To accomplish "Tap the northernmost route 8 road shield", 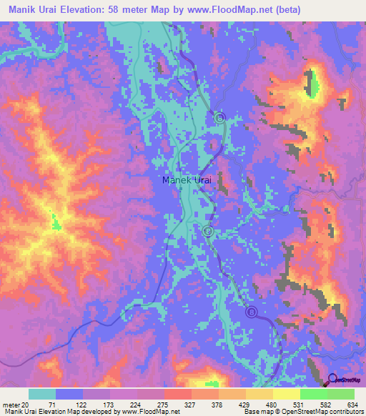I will click(220, 117).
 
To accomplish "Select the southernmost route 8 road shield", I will click(251, 312).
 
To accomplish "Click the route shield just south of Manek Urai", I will click(207, 230).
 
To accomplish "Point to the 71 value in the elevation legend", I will click(51, 405).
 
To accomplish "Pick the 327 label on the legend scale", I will click(192, 405).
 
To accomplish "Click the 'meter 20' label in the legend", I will click(16, 405).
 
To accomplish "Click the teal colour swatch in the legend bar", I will click(41, 394).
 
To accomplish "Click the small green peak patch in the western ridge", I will click(56, 225).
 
